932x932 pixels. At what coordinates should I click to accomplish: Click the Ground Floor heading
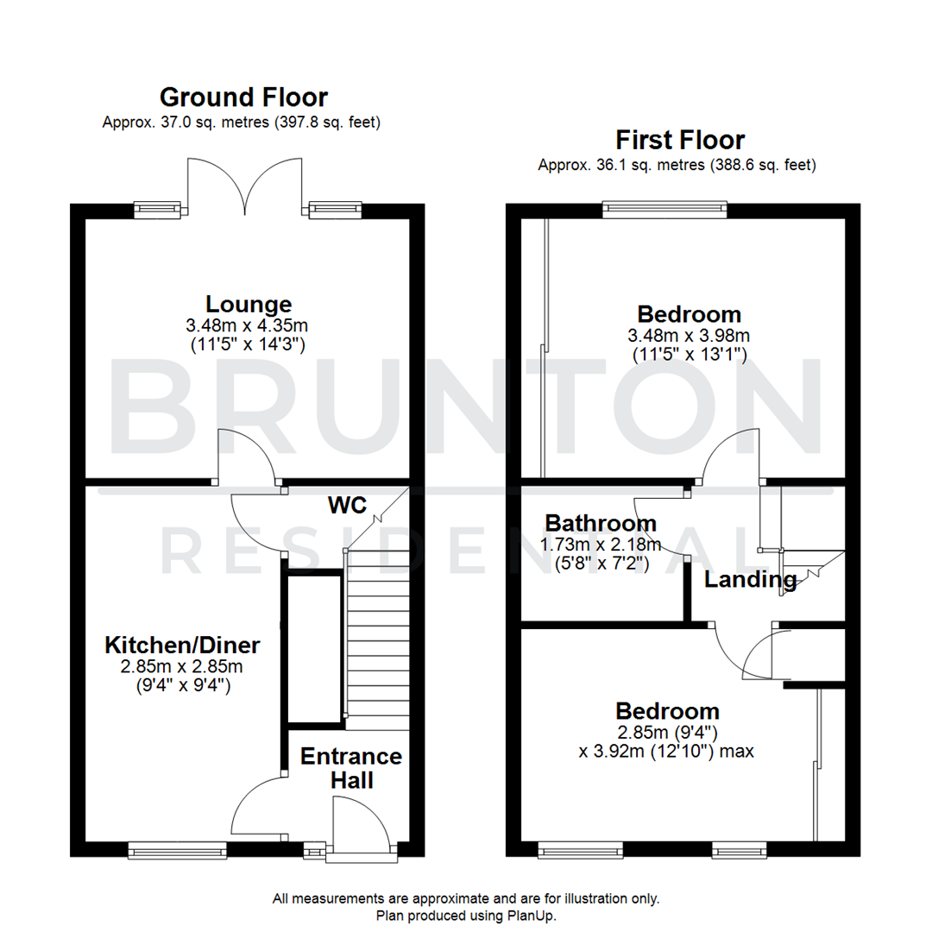243,97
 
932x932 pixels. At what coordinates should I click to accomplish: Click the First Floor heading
679,139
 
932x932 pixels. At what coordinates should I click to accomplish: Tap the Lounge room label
248,304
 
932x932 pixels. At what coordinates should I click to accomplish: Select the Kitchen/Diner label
182,645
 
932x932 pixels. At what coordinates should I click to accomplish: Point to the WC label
347,504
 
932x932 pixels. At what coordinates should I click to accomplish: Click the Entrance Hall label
351,768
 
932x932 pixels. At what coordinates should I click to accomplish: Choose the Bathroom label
601,523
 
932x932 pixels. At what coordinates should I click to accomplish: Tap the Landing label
750,580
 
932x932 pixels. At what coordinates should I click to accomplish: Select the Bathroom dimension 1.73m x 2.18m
601,544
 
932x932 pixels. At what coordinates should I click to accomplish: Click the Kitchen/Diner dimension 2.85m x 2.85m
182,666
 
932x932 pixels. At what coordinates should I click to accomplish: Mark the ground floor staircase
376,639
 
